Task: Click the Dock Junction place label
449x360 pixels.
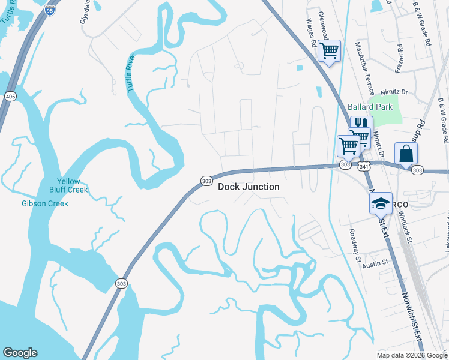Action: (249, 187)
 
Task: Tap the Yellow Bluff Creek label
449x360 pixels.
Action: (72, 185)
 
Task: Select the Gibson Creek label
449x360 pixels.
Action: (45, 203)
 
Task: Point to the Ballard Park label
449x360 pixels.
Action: (370, 107)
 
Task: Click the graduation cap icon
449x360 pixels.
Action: (381, 203)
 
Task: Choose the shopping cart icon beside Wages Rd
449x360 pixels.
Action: (329, 50)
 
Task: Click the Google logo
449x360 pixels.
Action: (20, 353)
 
